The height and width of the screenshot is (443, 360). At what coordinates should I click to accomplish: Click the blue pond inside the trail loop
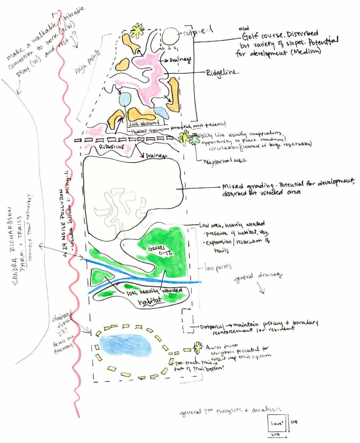coord(125,346)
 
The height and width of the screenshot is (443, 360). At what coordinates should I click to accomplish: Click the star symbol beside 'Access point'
coord(198,347)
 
